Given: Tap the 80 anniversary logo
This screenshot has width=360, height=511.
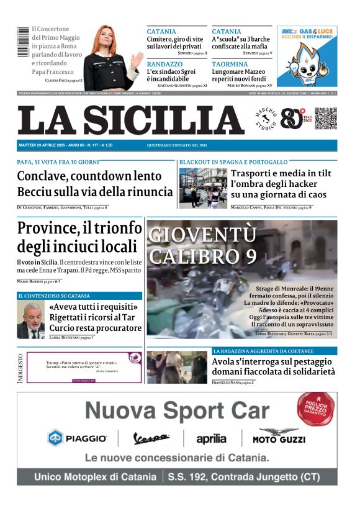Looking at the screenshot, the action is [292, 118].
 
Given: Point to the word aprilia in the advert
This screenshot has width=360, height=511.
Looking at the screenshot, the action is [211, 439].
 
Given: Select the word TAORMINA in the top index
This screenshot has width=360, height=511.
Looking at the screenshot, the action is [230, 64].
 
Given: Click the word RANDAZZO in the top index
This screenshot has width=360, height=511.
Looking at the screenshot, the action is [165, 64].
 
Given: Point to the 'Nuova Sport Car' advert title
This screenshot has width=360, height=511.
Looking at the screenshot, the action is [177, 410].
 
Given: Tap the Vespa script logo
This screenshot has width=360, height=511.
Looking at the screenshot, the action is [151, 438].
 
